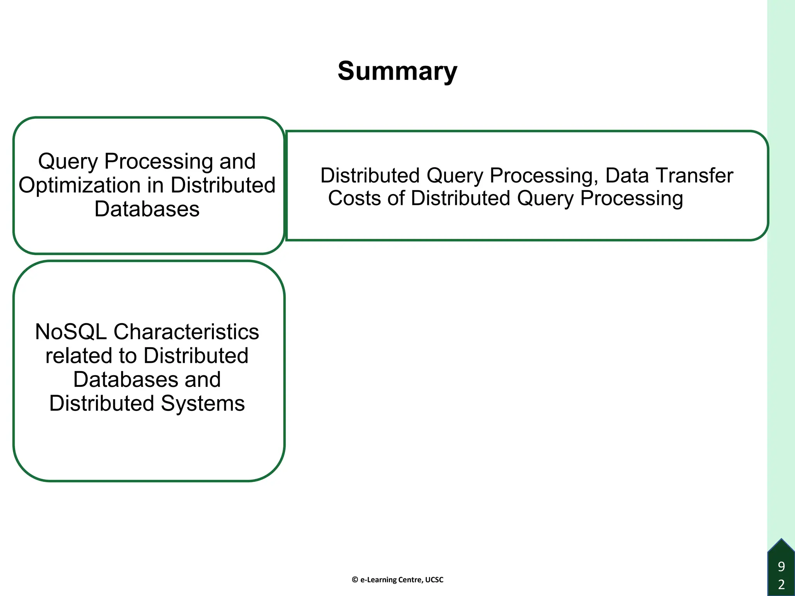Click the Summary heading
tap(397, 71)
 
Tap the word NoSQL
tap(71, 332)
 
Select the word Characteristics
tap(186, 332)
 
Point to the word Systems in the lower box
tap(203, 404)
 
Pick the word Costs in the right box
tap(354, 198)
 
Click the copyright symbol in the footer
tap(355, 580)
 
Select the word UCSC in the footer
tap(434, 580)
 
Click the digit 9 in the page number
tap(781, 567)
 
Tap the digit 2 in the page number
tap(781, 584)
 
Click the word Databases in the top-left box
tap(147, 209)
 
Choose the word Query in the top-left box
tap(68, 161)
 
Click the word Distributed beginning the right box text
tap(370, 175)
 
